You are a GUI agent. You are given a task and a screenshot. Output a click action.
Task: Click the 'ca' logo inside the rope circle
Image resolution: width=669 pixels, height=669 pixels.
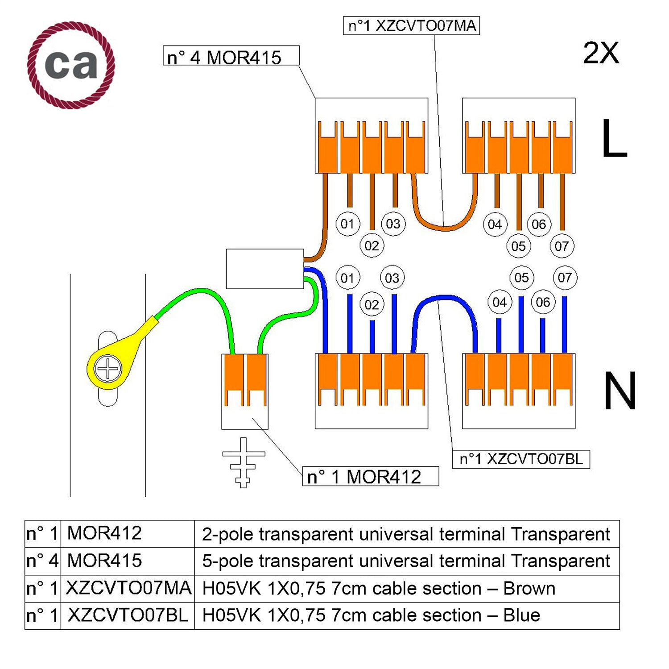71,65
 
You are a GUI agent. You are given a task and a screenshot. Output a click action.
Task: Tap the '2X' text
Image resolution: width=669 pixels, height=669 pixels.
601,53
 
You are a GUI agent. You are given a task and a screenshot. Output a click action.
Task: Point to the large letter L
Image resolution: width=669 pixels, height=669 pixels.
614,138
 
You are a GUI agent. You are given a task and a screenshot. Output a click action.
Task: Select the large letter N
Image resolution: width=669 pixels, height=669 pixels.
619,391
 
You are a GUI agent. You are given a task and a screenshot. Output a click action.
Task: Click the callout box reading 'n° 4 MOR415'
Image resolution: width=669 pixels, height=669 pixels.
231,56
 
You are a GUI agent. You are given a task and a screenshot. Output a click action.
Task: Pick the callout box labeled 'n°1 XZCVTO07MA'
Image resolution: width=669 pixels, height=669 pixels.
411,26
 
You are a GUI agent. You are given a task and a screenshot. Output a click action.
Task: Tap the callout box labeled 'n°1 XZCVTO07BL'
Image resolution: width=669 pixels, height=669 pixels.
521,459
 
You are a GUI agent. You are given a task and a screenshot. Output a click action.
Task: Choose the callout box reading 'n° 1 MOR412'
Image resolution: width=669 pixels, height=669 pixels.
370,476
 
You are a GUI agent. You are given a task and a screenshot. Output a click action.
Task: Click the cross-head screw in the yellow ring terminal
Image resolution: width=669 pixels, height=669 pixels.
108,369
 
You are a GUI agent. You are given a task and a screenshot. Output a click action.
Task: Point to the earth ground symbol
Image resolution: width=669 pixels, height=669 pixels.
244,462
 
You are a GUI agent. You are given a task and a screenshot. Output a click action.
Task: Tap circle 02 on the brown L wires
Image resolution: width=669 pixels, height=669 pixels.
372,245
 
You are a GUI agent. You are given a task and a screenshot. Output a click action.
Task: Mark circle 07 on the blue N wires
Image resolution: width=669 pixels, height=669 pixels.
565,278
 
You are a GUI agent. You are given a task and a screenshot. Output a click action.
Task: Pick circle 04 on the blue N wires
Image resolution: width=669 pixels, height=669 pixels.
500,302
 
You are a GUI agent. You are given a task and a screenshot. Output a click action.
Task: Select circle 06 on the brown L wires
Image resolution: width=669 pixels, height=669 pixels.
539,224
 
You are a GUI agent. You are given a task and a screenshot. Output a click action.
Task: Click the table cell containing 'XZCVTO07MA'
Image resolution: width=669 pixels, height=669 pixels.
128,588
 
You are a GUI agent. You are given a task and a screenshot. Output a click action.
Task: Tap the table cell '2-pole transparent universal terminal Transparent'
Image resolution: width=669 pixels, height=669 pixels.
406,534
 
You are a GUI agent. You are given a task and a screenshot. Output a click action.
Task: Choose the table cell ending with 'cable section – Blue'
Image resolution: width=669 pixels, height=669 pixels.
406,615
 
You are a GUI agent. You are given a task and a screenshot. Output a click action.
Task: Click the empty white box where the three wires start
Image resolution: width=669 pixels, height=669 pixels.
265,269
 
